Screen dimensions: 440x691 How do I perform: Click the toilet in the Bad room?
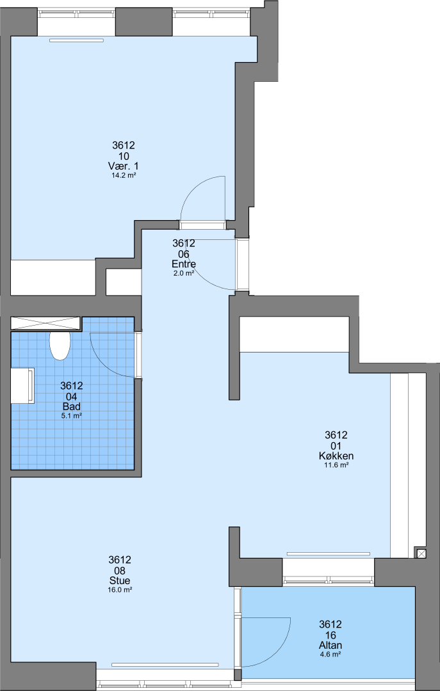click(x=60, y=345)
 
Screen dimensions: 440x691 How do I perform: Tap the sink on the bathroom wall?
click(x=22, y=386)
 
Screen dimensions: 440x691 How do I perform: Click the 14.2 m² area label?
click(x=123, y=175)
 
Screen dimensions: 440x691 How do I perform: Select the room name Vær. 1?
click(x=123, y=166)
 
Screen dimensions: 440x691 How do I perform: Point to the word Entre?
click(x=184, y=264)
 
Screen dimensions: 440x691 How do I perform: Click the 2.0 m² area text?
click(x=184, y=273)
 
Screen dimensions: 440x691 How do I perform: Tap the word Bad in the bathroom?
click(x=72, y=406)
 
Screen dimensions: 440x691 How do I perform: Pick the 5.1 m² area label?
click(x=72, y=416)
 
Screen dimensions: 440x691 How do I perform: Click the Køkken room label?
click(x=336, y=456)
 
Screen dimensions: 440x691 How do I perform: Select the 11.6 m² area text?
click(x=336, y=465)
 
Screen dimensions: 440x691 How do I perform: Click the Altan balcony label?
click(x=330, y=645)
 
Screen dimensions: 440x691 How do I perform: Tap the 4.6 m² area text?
click(x=330, y=655)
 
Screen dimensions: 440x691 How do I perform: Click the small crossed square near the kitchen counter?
click(x=421, y=553)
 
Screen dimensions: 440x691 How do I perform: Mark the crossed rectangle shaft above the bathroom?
click(x=46, y=323)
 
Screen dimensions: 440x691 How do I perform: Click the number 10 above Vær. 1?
click(x=123, y=155)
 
